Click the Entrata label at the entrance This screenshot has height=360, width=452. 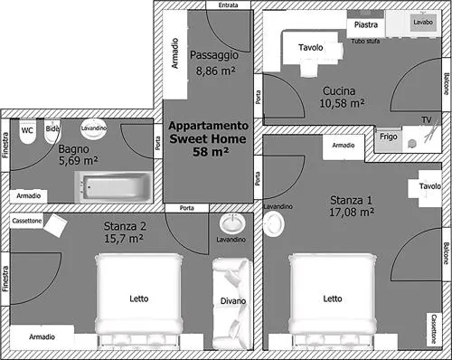tap(228, 5)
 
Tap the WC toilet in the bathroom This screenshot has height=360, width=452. tap(27, 131)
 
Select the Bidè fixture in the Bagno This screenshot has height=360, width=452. tap(52, 130)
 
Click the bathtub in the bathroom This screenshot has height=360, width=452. tap(113, 187)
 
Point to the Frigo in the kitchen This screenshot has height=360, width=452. tap(388, 138)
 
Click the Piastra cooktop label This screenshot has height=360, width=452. tap(366, 24)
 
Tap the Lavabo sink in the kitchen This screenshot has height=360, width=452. tap(423, 23)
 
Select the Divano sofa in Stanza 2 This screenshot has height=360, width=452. tap(232, 303)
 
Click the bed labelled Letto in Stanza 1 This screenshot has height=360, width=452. tap(333, 301)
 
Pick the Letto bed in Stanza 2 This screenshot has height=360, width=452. tap(139, 301)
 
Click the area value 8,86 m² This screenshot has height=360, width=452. tap(215, 71)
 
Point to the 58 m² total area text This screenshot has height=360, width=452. tap(211, 152)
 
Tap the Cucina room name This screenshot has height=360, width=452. tap(339, 90)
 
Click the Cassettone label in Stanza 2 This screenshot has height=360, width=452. tap(27, 221)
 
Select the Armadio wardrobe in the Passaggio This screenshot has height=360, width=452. tap(175, 54)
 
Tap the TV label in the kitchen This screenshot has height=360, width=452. tap(427, 120)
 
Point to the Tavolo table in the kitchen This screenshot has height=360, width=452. tap(310, 48)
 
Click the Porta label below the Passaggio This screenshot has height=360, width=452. tap(187, 208)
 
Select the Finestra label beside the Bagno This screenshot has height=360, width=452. tap(5, 146)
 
